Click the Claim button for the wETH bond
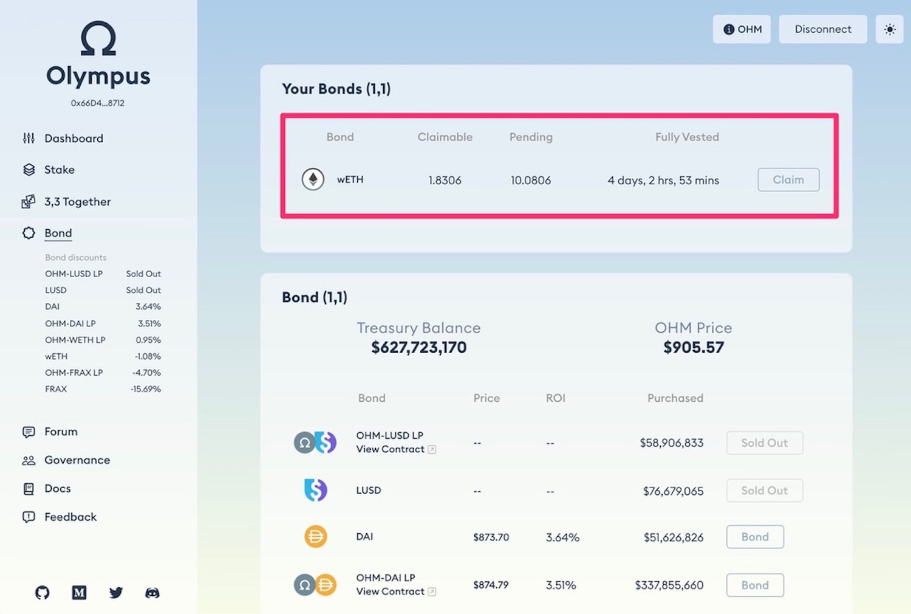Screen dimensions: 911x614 click(788, 179)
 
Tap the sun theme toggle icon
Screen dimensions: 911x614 click(890, 29)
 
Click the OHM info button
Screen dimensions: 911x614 click(742, 29)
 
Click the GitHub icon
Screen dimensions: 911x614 click(43, 593)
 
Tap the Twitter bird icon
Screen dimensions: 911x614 click(116, 593)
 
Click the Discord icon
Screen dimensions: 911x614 click(152, 593)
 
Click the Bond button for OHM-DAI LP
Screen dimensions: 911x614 click(755, 585)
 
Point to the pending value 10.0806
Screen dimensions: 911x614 click(531, 181)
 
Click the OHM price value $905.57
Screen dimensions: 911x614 click(694, 347)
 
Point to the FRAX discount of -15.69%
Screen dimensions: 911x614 click(146, 389)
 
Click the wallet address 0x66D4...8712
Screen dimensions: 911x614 click(98, 103)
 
